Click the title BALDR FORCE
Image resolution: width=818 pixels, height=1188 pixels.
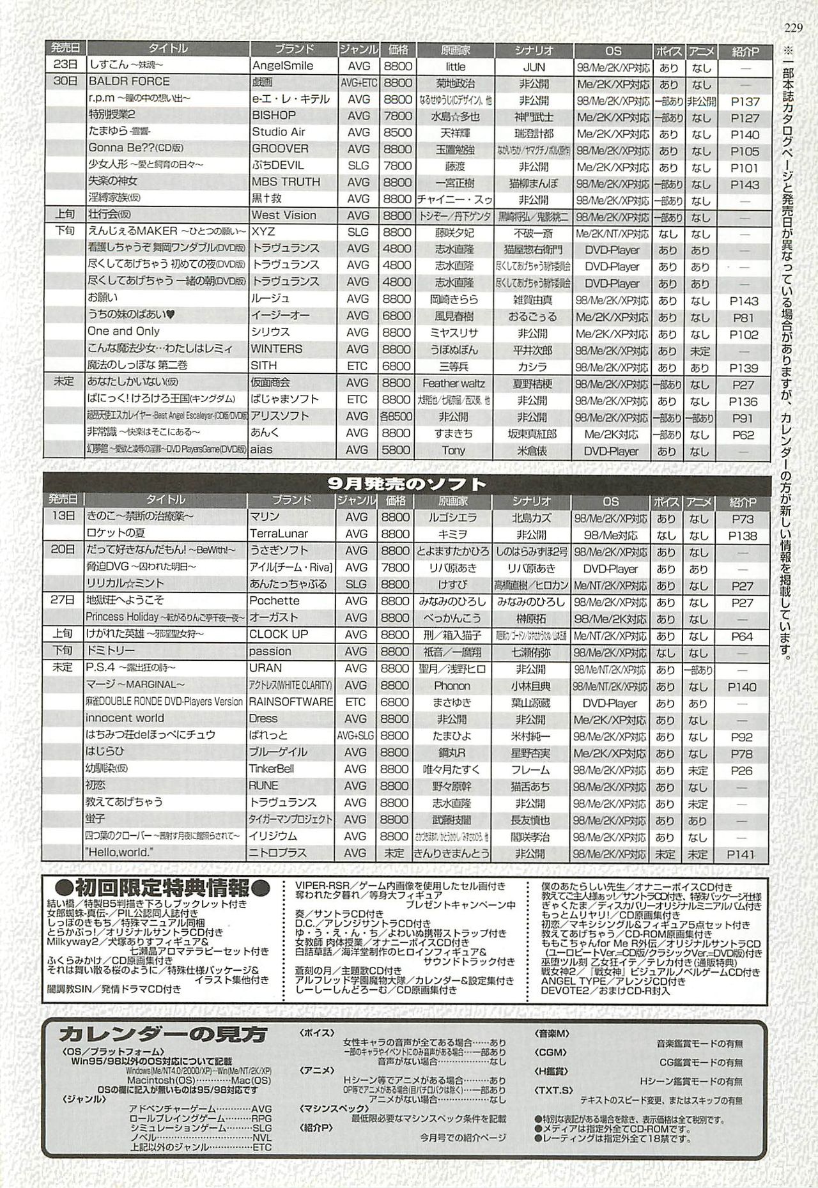129,82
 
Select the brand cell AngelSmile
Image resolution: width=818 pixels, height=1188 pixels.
282,66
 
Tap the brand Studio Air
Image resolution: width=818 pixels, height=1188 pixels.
279,132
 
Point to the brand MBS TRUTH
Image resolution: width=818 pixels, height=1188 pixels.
286,182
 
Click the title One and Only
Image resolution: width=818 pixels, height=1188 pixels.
123,332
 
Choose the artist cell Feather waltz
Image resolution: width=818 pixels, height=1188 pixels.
453,383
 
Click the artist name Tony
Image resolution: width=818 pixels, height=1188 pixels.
453,451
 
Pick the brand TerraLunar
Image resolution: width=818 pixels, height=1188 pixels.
279,534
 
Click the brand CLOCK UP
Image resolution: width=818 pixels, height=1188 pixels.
279,635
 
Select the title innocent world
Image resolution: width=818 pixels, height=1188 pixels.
125,718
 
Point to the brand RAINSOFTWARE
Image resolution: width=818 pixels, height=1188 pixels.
291,702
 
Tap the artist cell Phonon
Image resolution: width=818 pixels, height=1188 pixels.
452,686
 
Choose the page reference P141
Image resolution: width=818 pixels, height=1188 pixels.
741,854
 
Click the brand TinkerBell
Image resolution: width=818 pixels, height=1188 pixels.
272,769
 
